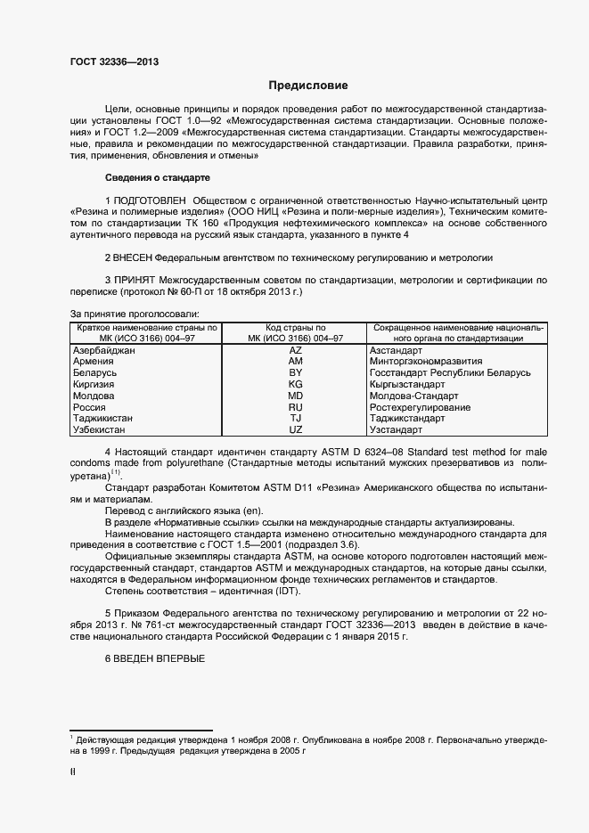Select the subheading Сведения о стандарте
pos(156,177)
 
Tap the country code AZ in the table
pos(296,352)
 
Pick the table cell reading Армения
pos(93,363)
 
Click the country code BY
pos(296,374)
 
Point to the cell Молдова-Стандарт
pos(413,396)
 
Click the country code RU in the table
pos(296,407)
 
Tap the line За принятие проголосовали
pos(134,314)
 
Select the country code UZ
pos(296,429)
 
